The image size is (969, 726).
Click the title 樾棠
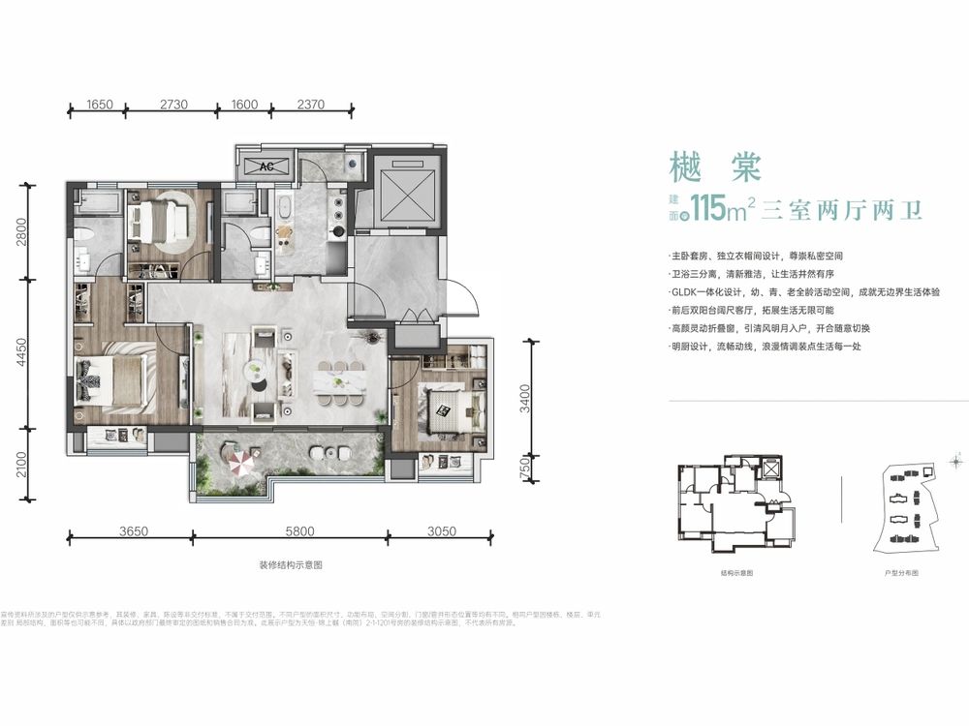pyautogui.click(x=702, y=166)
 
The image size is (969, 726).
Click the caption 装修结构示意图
pyautogui.click(x=290, y=564)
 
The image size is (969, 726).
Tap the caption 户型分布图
pyautogui.click(x=900, y=573)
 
